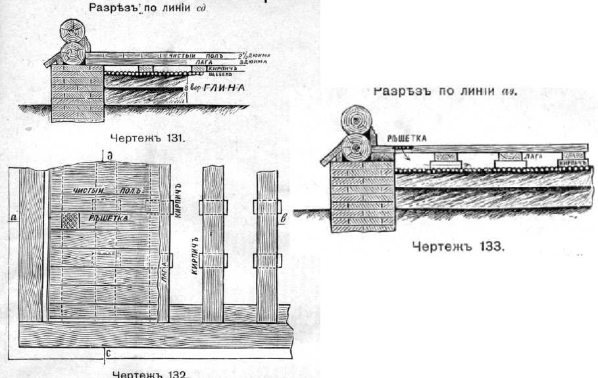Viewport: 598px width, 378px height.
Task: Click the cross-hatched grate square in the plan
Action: [69, 219]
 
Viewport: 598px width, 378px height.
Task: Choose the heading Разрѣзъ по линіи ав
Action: [445, 91]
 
